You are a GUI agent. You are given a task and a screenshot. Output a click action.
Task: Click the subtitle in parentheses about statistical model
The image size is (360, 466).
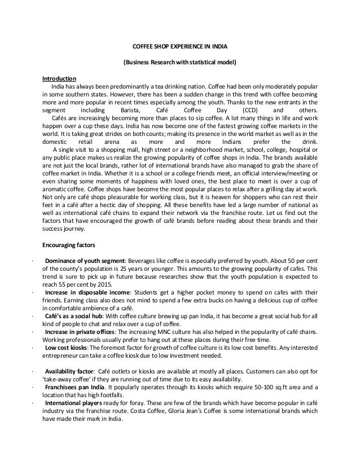tap(179, 62)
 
